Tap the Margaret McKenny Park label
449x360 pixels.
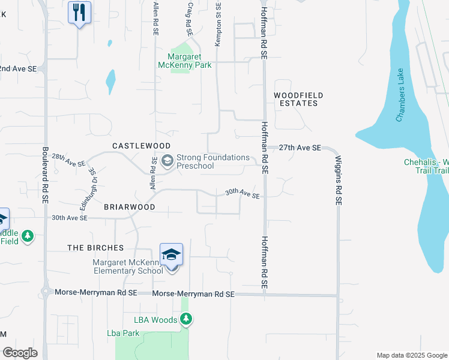pyautogui.click(x=185, y=61)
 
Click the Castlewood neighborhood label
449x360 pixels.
pyautogui.click(x=142, y=146)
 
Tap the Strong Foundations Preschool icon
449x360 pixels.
pyautogui.click(x=167, y=160)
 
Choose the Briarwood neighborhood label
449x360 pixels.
pyautogui.click(x=130, y=206)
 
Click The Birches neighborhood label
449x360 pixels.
pyautogui.click(x=95, y=248)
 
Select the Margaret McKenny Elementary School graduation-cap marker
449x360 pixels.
pyautogui.click(x=171, y=255)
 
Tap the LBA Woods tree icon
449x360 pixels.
pyautogui.click(x=186, y=319)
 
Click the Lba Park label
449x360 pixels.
pyautogui.click(x=123, y=333)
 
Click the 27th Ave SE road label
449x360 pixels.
pyautogui.click(x=300, y=148)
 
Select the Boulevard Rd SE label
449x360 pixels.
pyautogui.click(x=45, y=176)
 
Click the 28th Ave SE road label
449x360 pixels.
pyautogui.click(x=68, y=160)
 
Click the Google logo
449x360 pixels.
pyautogui.click(x=20, y=353)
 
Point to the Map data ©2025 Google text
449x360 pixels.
pyautogui.click(x=411, y=355)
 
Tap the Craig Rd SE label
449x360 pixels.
pyautogui.click(x=188, y=19)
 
